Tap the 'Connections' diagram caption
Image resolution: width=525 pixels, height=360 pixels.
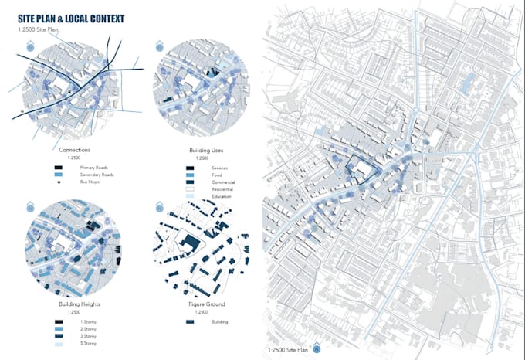[x=74, y=149]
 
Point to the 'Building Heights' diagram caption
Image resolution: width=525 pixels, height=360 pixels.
[x=74, y=304]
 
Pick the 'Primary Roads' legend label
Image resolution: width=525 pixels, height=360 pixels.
[x=91, y=167]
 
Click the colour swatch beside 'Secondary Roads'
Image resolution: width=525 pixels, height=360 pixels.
[x=59, y=175]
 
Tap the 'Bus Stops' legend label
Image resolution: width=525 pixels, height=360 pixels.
[x=87, y=182]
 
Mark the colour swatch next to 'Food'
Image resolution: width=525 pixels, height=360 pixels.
[x=190, y=175]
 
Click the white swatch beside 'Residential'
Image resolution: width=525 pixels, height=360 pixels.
[x=190, y=189]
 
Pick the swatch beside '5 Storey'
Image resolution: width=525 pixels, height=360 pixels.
[x=59, y=344]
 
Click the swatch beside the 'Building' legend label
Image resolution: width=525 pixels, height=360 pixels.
[x=190, y=322]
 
